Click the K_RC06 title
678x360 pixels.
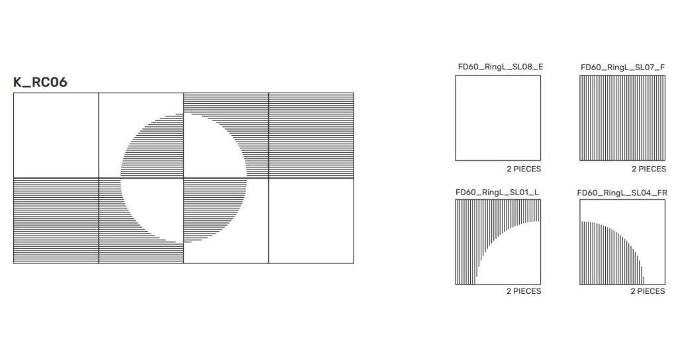coord(40,82)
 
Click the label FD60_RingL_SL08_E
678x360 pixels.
coord(501,67)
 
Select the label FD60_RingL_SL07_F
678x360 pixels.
coord(622,67)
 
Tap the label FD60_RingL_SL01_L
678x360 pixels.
coord(497,193)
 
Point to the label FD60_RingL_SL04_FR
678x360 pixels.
coord(622,193)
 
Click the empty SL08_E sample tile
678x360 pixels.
coord(498,118)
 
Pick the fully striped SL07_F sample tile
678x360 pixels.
coord(622,118)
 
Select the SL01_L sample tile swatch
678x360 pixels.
coord(498,242)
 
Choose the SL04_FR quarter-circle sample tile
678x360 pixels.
coord(622,242)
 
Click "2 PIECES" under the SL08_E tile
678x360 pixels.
coord(524,169)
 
